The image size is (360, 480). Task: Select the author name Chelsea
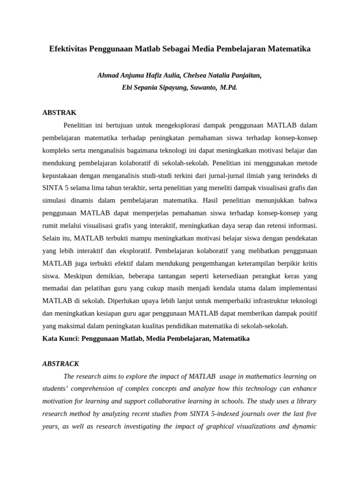click(x=184, y=75)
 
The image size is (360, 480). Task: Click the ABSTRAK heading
click(x=59, y=112)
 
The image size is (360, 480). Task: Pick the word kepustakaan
click(x=60, y=176)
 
